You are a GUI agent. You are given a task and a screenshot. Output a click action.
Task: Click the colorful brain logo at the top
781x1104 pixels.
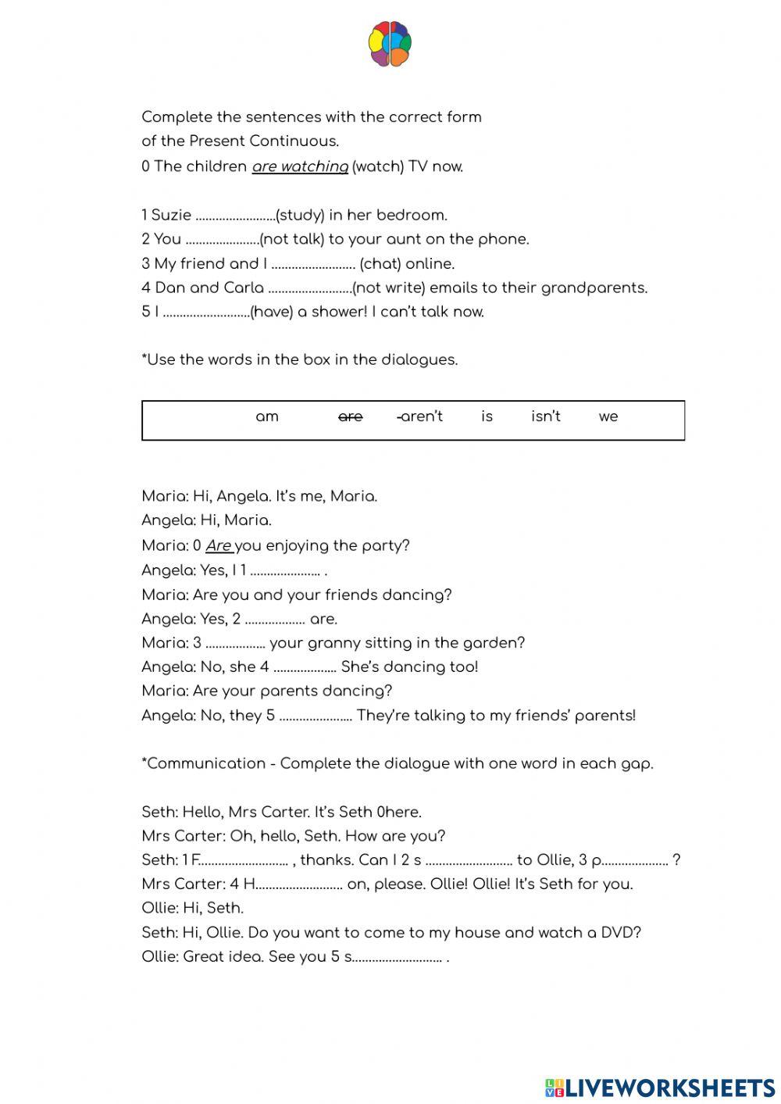pyautogui.click(x=390, y=45)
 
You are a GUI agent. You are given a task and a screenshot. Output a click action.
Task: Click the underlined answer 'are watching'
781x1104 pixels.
pyautogui.click(x=300, y=166)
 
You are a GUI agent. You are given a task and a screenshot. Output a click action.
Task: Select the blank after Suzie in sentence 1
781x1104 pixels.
pyautogui.click(x=235, y=216)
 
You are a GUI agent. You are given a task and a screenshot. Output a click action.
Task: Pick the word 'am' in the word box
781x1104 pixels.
pyautogui.click(x=267, y=416)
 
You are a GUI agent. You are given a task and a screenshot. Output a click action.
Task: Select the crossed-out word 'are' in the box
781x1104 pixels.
pyautogui.click(x=350, y=416)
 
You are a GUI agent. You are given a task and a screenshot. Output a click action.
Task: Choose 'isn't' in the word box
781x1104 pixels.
pyautogui.click(x=545, y=416)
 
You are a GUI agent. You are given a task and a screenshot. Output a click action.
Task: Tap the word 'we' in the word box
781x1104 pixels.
pyautogui.click(x=608, y=416)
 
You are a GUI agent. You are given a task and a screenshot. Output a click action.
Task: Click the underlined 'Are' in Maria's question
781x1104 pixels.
pyautogui.click(x=219, y=545)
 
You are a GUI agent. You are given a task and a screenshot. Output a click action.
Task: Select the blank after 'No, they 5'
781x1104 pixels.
pyautogui.click(x=316, y=716)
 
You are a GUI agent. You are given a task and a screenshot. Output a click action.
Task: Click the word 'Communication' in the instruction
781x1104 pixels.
pyautogui.click(x=206, y=763)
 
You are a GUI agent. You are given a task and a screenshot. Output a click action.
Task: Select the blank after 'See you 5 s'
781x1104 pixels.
pyautogui.click(x=398, y=957)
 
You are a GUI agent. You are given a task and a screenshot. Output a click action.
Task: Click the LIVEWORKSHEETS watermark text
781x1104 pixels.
pyautogui.click(x=669, y=1087)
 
